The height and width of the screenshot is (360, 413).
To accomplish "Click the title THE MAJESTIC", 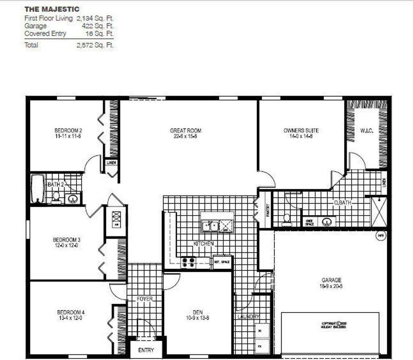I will [x=52, y=9].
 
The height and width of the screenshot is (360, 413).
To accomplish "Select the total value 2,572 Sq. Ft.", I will [x=95, y=45].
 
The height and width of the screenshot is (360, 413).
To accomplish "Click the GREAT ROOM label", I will [x=186, y=131].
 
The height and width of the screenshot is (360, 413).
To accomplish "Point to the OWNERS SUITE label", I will [x=301, y=131].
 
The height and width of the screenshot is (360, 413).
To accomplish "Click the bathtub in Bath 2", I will [x=38, y=188].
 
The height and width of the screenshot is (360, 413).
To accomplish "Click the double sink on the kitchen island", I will [x=210, y=226].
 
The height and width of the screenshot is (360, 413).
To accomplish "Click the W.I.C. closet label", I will [x=366, y=131].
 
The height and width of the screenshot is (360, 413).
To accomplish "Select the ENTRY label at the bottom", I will [x=146, y=350].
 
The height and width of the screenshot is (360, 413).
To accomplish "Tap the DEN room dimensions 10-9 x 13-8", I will [x=198, y=318].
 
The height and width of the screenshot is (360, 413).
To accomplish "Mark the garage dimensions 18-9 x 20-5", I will [x=331, y=286].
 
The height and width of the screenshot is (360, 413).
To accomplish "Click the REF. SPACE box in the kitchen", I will [x=222, y=262].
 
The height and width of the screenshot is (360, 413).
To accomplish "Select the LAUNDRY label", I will [x=248, y=317].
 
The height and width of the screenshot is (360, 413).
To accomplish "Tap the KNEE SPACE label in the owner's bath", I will [x=310, y=222].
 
